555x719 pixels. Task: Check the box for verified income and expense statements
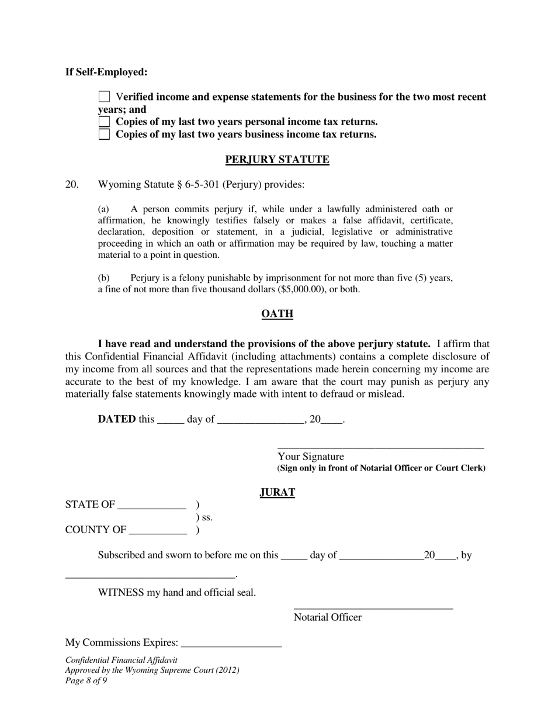(105, 96)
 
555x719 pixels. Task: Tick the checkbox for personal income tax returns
(105, 122)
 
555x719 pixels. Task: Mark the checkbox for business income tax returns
(105, 134)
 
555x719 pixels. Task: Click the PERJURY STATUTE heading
(277, 160)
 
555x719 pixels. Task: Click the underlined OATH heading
(277, 314)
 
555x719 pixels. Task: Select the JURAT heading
(277, 492)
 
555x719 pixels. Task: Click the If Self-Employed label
(106, 72)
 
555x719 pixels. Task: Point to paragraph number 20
(72, 185)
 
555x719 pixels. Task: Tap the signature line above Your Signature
(380, 447)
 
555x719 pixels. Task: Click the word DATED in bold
(117, 419)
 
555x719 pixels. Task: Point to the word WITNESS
(120, 593)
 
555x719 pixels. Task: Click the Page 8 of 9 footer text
(86, 680)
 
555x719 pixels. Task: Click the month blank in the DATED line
(260, 421)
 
